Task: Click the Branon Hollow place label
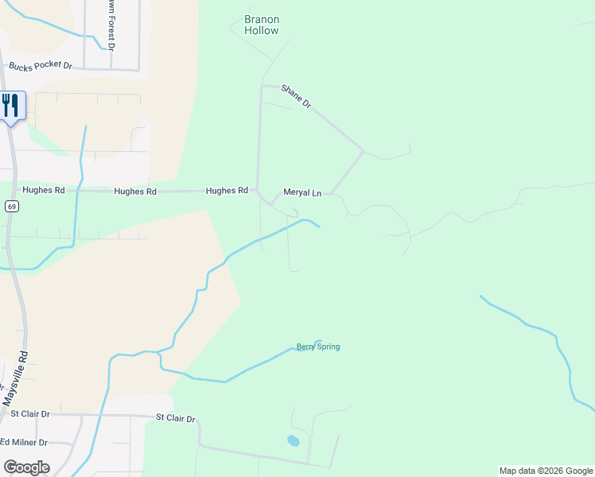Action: coord(262,25)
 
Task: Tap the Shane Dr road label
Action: coord(295,97)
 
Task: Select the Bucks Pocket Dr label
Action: coord(40,66)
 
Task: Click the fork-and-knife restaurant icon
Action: coord(10,106)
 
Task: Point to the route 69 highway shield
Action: coord(11,207)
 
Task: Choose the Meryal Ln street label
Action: coord(302,193)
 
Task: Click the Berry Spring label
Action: coord(318,347)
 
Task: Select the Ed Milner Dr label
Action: coord(24,442)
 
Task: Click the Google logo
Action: coord(26,467)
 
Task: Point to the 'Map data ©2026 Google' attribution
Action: coord(546,471)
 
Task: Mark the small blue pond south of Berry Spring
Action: coord(293,440)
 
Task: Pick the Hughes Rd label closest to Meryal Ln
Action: coord(227,191)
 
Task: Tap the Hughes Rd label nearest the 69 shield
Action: coord(44,190)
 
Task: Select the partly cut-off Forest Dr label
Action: coord(111,24)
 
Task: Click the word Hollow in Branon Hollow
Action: coord(262,31)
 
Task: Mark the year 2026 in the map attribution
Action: coord(550,471)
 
